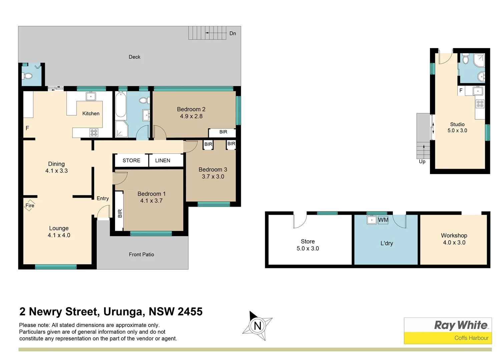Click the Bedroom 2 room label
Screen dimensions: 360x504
(x=191, y=109)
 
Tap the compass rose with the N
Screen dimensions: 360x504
(x=257, y=326)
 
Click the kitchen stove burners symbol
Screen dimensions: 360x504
(x=94, y=133)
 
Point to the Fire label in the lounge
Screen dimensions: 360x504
(x=30, y=205)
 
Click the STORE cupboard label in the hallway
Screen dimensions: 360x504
(x=131, y=160)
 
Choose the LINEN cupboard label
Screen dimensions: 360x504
(x=162, y=160)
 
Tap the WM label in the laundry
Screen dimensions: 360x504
(x=383, y=220)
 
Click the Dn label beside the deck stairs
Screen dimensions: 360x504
(x=232, y=33)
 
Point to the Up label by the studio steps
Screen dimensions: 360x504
(x=422, y=162)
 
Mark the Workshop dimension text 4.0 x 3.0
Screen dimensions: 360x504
(x=454, y=243)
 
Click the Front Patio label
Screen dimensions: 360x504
(x=141, y=255)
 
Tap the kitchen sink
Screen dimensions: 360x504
(x=91, y=96)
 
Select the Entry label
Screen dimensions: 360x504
(x=103, y=198)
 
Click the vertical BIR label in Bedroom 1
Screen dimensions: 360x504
(x=120, y=213)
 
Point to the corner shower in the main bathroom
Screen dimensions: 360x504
(x=121, y=129)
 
